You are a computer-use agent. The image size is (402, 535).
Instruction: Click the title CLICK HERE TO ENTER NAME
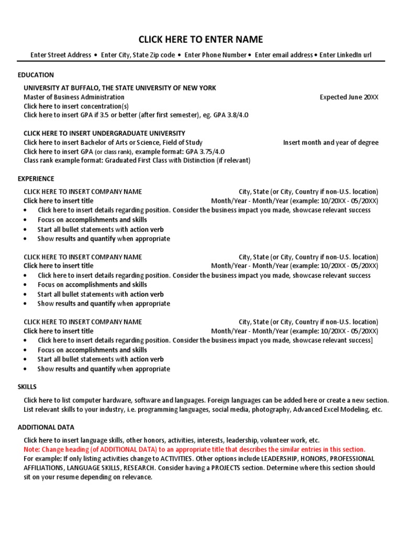(x=200, y=40)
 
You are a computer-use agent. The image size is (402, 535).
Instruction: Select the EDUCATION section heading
(x=36, y=75)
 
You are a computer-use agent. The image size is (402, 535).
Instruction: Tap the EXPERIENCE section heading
(x=36, y=179)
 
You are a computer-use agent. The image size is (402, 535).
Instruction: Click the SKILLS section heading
(x=27, y=387)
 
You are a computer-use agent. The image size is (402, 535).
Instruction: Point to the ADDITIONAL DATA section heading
(x=46, y=427)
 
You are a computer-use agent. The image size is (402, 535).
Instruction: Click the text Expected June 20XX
(x=349, y=97)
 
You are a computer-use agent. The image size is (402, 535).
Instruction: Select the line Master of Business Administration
(x=74, y=97)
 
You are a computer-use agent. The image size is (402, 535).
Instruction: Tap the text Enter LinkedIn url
(x=345, y=55)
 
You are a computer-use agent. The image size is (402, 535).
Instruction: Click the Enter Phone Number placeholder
(x=215, y=55)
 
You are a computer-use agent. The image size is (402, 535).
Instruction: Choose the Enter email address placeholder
(x=283, y=55)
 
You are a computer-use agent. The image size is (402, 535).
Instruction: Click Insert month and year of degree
(x=330, y=143)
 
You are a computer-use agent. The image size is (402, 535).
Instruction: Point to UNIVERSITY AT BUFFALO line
(x=119, y=88)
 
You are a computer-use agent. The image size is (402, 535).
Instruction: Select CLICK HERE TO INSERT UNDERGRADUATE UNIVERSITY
(x=104, y=133)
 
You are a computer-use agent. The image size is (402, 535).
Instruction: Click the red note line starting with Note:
(x=194, y=449)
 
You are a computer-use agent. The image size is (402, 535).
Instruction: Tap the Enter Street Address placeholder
(x=60, y=55)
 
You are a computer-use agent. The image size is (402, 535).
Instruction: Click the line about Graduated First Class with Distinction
(x=137, y=160)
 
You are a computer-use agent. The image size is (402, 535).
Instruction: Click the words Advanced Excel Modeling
(x=330, y=409)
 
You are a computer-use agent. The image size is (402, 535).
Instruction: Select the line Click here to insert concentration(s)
(x=76, y=106)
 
